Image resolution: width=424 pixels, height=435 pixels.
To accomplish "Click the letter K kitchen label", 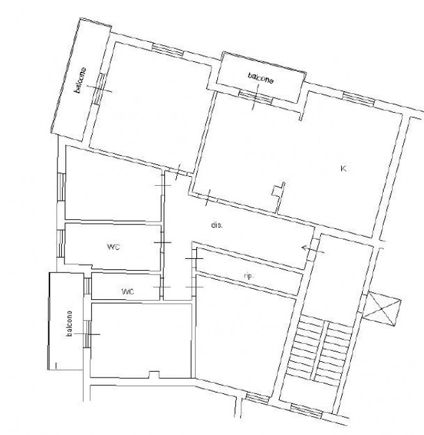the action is (343, 168).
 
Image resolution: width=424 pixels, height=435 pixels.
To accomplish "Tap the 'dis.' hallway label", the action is (217, 225).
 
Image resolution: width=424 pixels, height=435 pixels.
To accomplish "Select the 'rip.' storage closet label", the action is (249, 276).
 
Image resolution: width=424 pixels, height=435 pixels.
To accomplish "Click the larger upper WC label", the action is (114, 247).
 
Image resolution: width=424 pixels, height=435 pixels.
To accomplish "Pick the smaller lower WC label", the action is (128, 292).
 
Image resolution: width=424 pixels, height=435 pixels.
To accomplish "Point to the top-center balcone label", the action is (261, 78).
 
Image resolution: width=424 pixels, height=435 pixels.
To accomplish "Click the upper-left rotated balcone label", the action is (80, 80).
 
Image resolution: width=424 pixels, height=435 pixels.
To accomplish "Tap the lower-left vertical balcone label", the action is (69, 323).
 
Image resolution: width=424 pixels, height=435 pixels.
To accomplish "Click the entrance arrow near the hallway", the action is (312, 250).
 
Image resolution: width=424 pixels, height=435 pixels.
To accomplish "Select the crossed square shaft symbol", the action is (382, 308).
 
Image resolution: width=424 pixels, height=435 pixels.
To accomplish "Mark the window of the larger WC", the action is (61, 243).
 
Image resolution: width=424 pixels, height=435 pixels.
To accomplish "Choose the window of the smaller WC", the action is (87, 286).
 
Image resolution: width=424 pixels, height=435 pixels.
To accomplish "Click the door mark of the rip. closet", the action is (194, 258).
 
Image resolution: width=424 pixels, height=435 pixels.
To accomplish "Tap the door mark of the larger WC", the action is (162, 243).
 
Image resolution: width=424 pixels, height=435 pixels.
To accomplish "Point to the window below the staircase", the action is (307, 412).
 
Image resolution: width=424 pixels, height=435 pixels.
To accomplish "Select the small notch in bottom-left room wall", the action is (154, 375).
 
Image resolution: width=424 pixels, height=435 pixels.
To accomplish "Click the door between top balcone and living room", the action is (255, 97).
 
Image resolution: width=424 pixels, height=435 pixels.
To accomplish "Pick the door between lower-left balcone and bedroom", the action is (87, 334).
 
